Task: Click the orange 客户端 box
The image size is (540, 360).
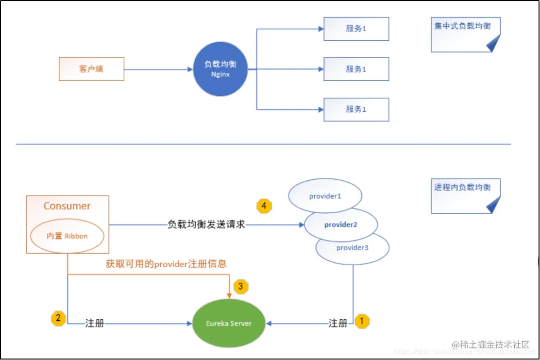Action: click(x=91, y=69)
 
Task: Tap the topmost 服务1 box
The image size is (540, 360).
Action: click(x=356, y=29)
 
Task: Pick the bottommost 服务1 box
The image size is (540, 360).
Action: click(x=356, y=109)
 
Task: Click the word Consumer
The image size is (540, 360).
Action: click(x=67, y=206)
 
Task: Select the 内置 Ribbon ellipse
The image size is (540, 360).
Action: click(x=67, y=236)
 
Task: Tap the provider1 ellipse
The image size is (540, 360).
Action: click(x=325, y=196)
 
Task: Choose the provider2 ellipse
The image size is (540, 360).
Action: click(x=341, y=225)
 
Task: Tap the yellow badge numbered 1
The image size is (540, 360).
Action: click(x=362, y=321)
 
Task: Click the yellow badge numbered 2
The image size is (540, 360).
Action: click(x=58, y=319)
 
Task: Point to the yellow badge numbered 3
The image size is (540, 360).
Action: click(x=241, y=286)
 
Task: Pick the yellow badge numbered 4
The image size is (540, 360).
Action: click(x=264, y=206)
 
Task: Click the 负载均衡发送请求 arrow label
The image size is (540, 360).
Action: click(x=206, y=225)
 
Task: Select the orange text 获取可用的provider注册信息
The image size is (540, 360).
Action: click(x=166, y=264)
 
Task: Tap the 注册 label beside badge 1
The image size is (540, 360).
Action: click(x=338, y=323)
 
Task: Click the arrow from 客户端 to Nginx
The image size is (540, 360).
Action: click(x=158, y=69)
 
